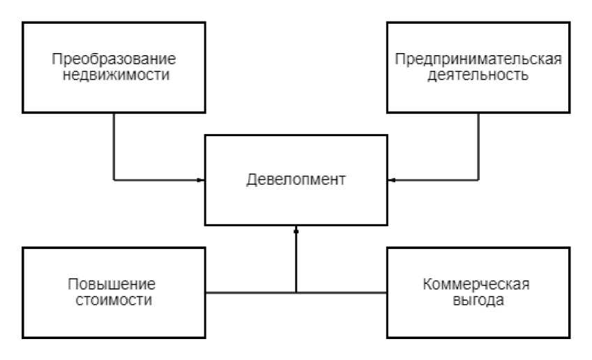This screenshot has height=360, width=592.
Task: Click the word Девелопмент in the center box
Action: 296,179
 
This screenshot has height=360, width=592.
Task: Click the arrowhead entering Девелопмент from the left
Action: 201,181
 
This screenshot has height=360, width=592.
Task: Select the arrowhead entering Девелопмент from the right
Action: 391,181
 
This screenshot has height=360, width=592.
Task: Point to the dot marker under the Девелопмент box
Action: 296,231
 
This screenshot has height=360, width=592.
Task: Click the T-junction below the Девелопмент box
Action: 296,292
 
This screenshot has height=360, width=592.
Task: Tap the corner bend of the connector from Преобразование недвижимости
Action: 114,181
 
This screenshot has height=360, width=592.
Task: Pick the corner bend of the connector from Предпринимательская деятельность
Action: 478,181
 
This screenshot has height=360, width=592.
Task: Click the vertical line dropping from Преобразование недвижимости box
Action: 114,147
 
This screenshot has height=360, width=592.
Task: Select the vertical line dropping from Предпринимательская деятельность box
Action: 478,147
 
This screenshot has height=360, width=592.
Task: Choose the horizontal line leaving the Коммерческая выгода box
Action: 342,292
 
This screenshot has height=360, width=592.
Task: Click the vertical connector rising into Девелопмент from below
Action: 296,262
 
